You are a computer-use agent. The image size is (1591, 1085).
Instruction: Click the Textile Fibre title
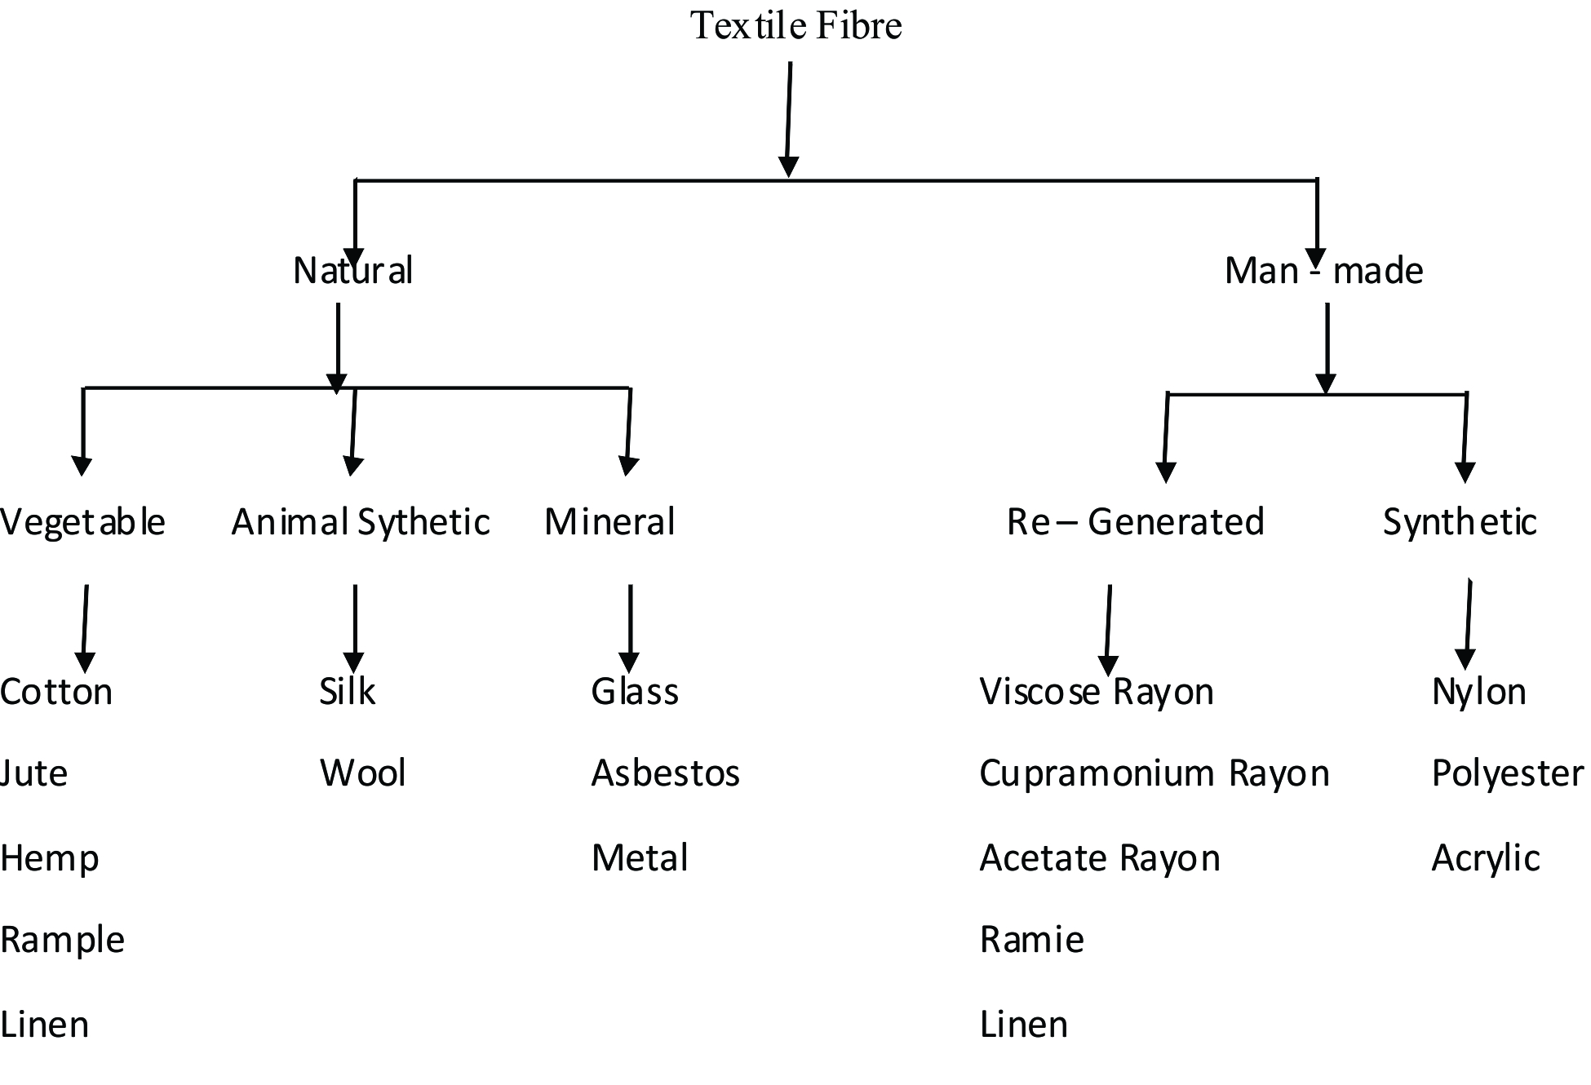click(x=795, y=25)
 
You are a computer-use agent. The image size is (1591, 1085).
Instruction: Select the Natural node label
click(x=352, y=271)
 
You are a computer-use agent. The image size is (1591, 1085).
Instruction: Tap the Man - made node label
click(x=1323, y=271)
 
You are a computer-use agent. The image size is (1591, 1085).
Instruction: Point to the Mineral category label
click(x=609, y=522)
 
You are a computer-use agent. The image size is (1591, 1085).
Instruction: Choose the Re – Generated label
click(x=1135, y=522)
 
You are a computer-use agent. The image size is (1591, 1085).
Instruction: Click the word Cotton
click(x=56, y=692)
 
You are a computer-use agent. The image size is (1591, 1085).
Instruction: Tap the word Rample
click(x=62, y=940)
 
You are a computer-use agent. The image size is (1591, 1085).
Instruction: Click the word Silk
click(x=347, y=692)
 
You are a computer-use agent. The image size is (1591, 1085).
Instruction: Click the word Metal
click(x=640, y=858)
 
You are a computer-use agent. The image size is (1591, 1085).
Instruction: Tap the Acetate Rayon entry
click(x=1099, y=858)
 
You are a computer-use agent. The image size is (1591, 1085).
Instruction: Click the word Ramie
click(x=1031, y=940)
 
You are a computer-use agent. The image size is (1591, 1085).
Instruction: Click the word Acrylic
click(x=1485, y=858)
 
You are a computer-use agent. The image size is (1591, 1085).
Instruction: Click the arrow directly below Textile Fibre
click(x=789, y=118)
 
